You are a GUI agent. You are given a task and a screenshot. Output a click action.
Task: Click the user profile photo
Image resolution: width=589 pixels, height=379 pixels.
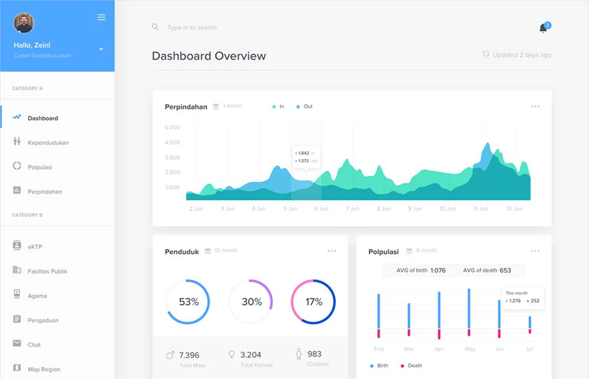[24, 23]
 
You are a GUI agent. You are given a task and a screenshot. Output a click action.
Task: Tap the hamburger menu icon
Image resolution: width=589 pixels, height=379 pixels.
[101, 17]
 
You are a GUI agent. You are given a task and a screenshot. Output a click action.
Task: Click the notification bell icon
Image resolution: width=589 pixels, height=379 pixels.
[543, 28]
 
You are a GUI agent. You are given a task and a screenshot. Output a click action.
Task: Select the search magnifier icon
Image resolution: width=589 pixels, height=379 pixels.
[156, 27]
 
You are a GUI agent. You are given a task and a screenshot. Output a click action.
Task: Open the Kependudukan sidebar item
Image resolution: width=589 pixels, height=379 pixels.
[48, 142]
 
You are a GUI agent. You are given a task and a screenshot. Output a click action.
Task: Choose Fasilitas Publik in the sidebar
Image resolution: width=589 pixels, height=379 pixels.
[47, 271]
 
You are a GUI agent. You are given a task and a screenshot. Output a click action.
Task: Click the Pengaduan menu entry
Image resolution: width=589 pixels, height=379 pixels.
[43, 320]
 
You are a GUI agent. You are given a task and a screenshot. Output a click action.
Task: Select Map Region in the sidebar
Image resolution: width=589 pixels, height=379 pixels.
[43, 369]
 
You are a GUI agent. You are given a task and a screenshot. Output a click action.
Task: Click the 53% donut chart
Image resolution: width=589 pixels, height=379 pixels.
[188, 302]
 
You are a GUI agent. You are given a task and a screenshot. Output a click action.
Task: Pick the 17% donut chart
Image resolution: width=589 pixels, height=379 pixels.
[314, 302]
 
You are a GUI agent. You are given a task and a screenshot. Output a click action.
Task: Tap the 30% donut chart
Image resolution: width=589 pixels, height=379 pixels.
[251, 302]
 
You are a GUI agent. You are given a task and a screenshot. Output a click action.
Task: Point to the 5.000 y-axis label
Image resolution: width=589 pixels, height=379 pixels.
[172, 128]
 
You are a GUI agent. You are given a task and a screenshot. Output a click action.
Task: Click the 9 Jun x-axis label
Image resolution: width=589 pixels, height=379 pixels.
[415, 209]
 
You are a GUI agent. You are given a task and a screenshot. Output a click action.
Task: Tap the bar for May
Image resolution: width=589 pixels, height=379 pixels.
[469, 312]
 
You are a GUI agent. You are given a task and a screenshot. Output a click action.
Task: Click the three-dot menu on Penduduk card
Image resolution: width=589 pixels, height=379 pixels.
[332, 251]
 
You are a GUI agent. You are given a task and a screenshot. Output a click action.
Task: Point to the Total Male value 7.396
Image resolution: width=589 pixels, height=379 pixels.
[189, 355]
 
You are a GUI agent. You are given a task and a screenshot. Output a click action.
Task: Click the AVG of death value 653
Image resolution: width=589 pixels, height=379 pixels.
[505, 271]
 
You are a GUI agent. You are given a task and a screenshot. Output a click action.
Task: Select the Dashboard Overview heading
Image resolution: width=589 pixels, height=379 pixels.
[209, 56]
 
